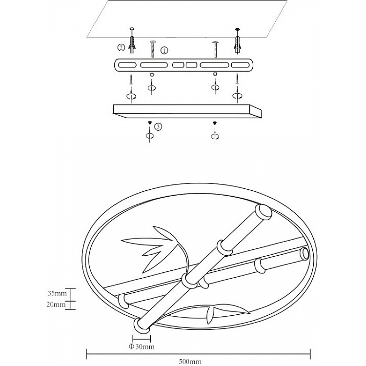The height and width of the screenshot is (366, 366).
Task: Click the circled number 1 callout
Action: (x=164, y=50)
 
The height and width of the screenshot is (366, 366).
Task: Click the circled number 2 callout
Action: (x=121, y=47)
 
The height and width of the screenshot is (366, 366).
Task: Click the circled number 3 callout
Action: (x=158, y=126)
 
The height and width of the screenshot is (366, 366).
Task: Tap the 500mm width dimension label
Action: (x=190, y=362)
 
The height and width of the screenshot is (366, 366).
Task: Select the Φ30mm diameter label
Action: (x=142, y=347)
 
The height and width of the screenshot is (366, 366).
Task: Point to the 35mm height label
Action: (x=57, y=294)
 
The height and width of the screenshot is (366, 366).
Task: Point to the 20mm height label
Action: (x=57, y=305)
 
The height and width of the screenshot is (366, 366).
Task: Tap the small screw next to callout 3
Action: (x=150, y=122)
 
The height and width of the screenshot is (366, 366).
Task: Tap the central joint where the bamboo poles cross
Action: (x=188, y=280)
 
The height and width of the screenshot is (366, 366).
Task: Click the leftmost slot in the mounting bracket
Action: (x=127, y=65)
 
